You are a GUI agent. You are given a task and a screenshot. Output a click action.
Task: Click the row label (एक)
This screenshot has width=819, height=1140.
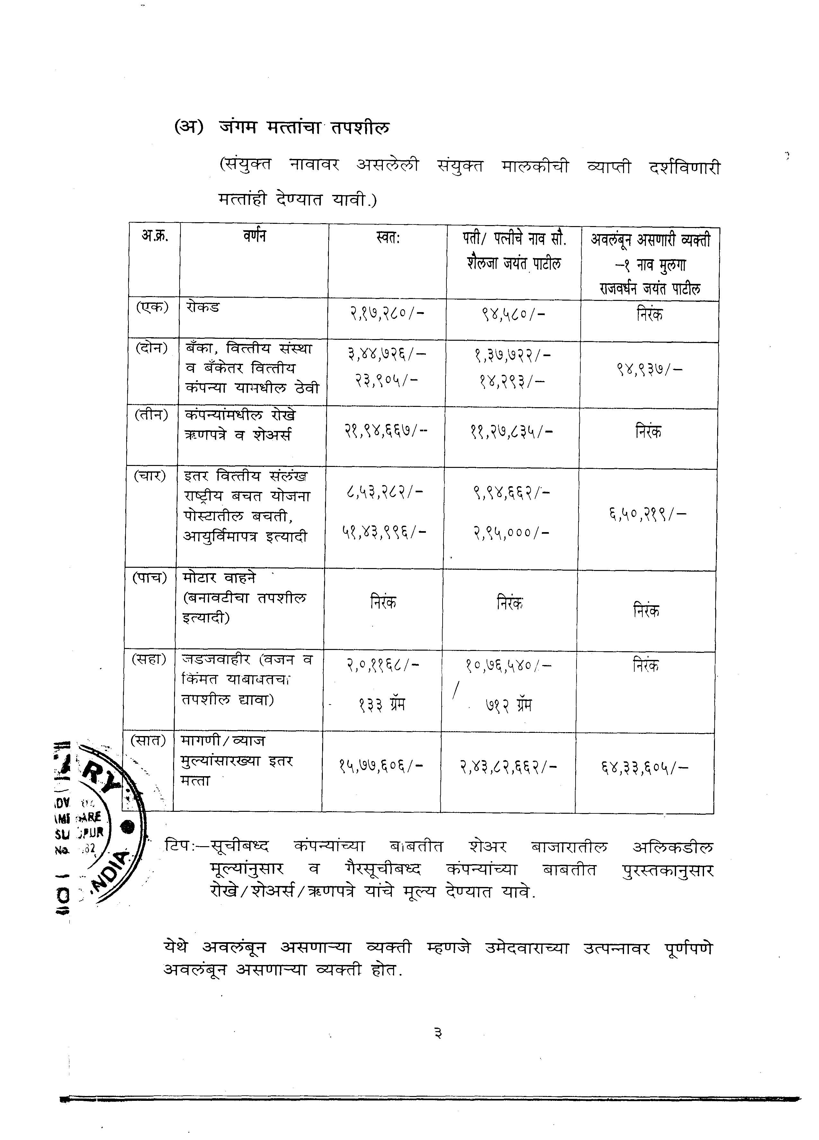pyautogui.click(x=152, y=307)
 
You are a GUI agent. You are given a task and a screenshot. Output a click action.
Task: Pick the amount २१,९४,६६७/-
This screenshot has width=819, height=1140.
pyautogui.click(x=386, y=431)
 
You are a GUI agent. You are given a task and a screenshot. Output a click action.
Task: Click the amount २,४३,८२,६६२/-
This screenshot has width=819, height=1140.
pyautogui.click(x=508, y=767)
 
